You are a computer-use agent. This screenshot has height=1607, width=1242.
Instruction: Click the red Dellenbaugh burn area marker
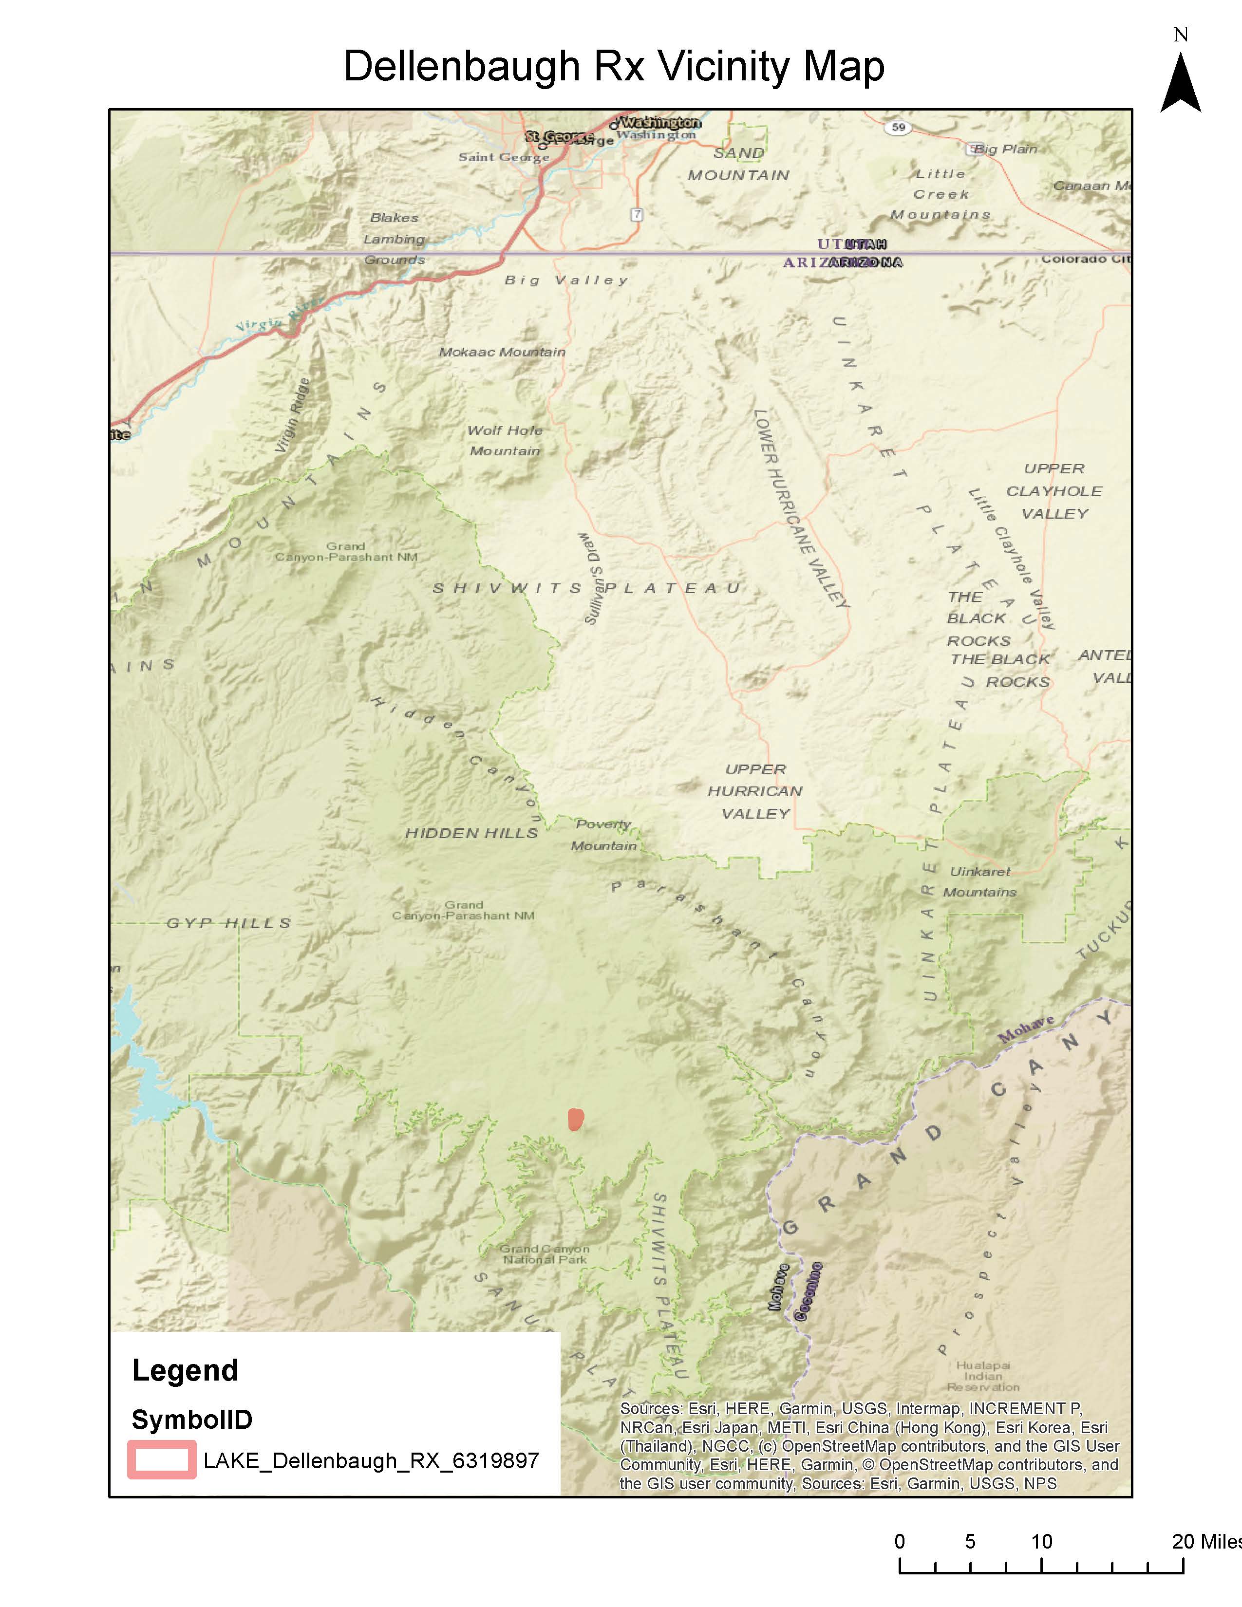(x=575, y=1119)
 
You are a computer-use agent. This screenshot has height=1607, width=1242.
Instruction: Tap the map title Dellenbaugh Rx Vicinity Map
(x=614, y=66)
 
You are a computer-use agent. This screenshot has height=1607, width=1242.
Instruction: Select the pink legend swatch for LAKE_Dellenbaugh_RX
(x=162, y=1459)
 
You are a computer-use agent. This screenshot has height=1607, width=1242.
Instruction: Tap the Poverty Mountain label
(x=603, y=834)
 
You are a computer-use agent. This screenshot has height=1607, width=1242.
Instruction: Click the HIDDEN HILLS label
(x=471, y=833)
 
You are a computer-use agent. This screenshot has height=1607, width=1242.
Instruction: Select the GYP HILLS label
(x=229, y=923)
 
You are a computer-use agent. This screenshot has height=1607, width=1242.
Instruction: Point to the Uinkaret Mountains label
(x=979, y=881)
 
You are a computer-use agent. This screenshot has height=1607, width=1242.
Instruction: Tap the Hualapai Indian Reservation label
(x=983, y=1375)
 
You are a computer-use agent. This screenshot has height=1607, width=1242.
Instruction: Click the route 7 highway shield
(x=637, y=215)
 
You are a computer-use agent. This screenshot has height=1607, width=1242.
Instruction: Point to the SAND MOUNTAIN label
(x=738, y=163)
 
